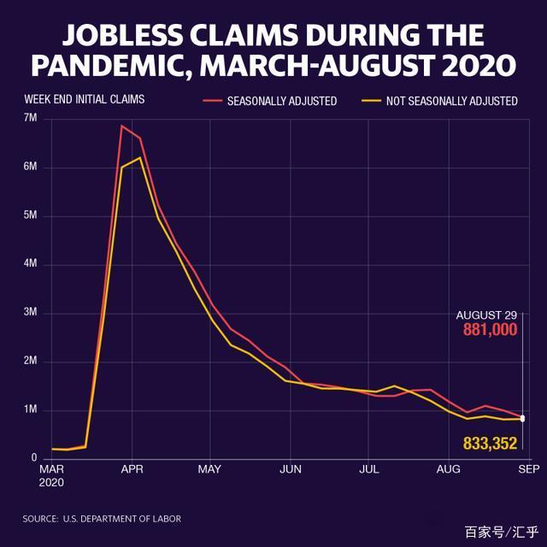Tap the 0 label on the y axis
[x=34, y=459]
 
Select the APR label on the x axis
[x=132, y=469]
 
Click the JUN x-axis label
[x=291, y=469]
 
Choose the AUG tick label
[x=449, y=469]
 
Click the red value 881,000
[x=490, y=329]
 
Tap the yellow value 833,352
[x=491, y=443]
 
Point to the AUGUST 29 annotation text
[x=486, y=315]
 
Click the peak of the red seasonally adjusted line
[x=122, y=126]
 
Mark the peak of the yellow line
[x=139, y=157]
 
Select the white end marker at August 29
[x=522, y=419]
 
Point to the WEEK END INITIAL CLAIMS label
[x=84, y=99]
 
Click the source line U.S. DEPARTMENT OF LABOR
[x=120, y=519]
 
